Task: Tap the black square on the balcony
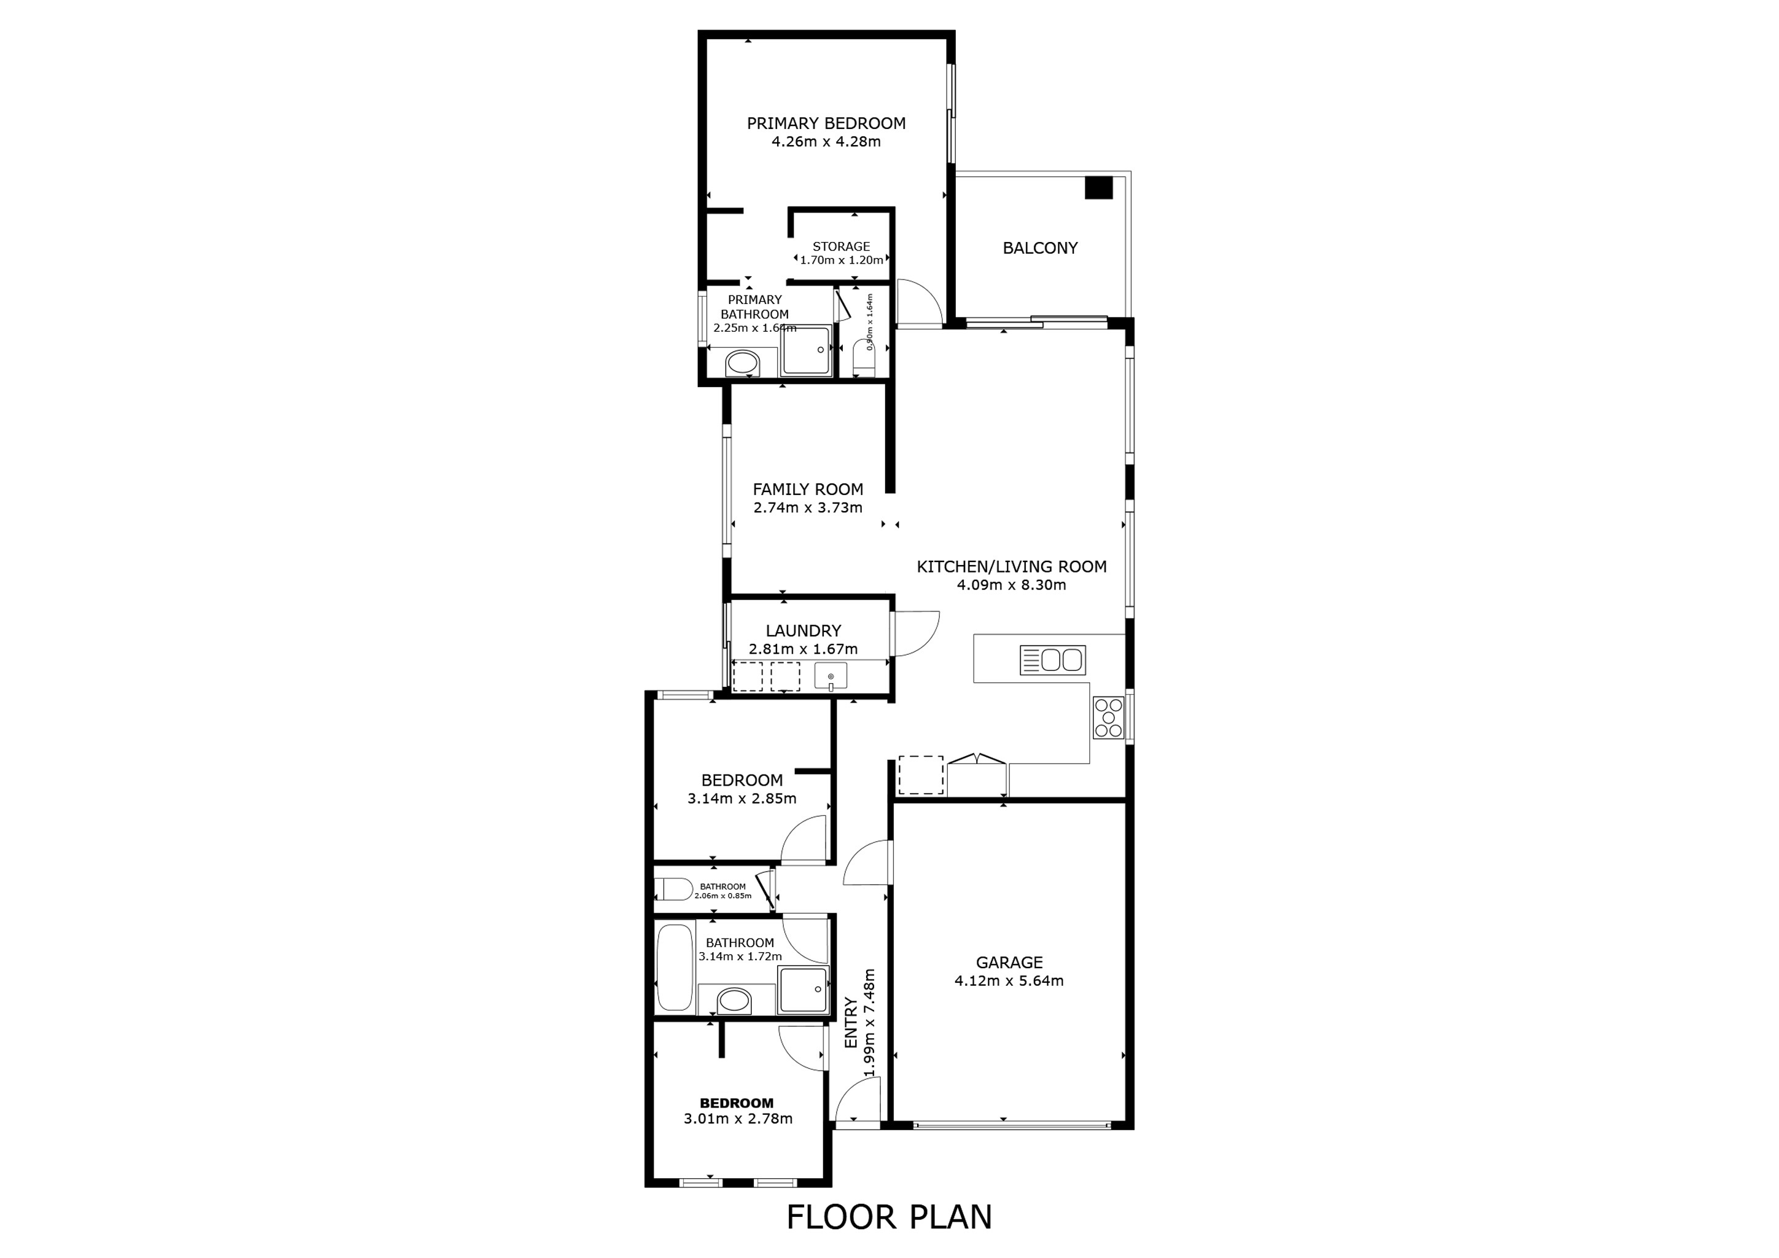point(1098,188)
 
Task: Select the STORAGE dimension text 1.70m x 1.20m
point(842,260)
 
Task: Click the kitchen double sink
point(1052,660)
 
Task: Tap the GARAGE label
point(1009,962)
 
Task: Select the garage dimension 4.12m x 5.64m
point(1009,981)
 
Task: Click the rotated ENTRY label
point(851,1023)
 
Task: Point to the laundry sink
point(831,676)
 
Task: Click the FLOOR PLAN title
point(889,1217)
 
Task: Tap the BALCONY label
point(1040,248)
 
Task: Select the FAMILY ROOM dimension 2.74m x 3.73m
point(807,508)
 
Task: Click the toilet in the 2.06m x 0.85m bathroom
point(673,889)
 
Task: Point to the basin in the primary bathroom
point(741,362)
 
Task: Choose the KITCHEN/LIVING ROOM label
point(1011,566)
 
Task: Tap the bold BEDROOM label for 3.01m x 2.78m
point(736,1103)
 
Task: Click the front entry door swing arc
point(857,1100)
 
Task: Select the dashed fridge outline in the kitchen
point(920,775)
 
